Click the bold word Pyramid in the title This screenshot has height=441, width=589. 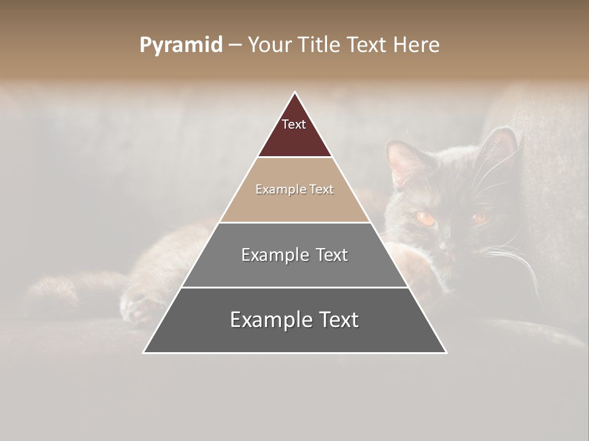[x=181, y=45]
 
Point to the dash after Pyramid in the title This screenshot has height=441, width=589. [x=235, y=45]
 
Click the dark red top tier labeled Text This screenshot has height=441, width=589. [x=294, y=132]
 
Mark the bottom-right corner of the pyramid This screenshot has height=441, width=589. [x=445, y=352]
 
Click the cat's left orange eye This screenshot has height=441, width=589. [x=425, y=217]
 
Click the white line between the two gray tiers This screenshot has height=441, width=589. [x=294, y=287]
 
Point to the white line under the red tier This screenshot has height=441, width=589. [x=294, y=157]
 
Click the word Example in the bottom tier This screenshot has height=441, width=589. [x=264, y=320]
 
